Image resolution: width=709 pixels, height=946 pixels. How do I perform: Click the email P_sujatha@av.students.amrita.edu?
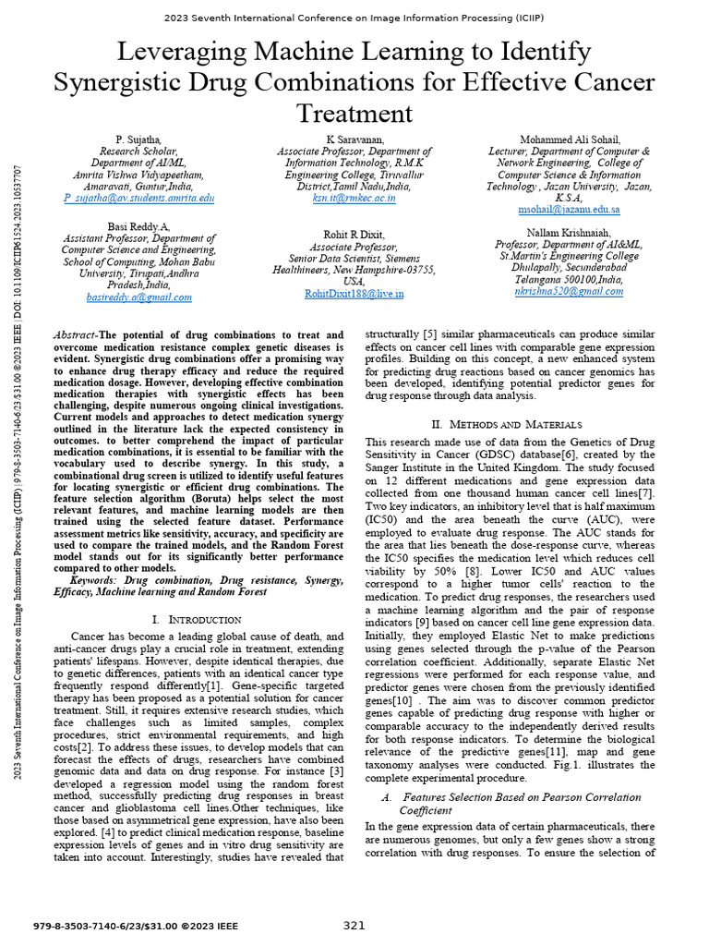click(138, 199)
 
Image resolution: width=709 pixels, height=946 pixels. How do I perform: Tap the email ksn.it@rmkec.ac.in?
click(354, 199)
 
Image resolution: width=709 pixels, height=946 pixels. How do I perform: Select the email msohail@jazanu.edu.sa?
click(569, 211)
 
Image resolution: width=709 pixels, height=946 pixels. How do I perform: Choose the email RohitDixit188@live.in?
click(354, 294)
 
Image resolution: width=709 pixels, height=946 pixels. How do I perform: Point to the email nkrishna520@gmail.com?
click(569, 291)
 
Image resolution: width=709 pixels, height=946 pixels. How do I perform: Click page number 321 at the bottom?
click(354, 926)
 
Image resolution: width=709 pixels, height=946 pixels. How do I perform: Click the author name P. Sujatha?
click(138, 139)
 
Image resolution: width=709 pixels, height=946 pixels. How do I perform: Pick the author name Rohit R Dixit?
click(354, 235)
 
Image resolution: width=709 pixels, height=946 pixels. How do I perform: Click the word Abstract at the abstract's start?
click(75, 335)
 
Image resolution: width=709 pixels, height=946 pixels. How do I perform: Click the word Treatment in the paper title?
click(354, 113)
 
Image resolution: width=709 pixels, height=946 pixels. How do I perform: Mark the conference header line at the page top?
click(354, 18)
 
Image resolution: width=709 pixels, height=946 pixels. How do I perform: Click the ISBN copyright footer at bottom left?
click(135, 926)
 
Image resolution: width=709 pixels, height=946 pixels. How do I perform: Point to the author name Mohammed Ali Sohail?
click(569, 139)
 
